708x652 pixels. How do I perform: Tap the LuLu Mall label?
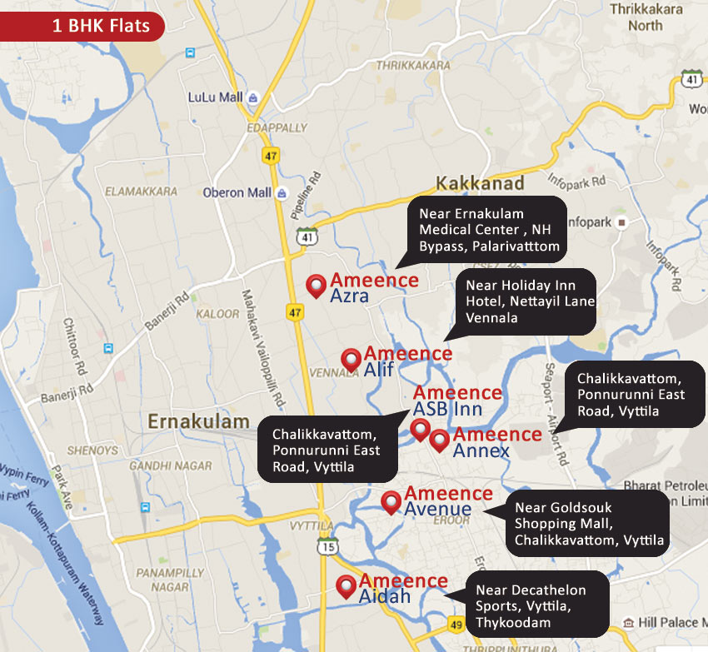click(x=215, y=97)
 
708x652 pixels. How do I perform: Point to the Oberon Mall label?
click(x=237, y=192)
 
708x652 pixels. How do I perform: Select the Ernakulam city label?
click(x=198, y=421)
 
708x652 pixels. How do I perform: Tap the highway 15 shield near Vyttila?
click(x=327, y=546)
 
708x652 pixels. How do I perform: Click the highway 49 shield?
click(x=455, y=624)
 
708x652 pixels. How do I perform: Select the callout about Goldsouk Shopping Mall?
click(x=588, y=524)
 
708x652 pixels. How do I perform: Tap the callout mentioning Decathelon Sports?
click(x=536, y=605)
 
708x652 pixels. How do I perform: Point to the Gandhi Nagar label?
click(x=170, y=465)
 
